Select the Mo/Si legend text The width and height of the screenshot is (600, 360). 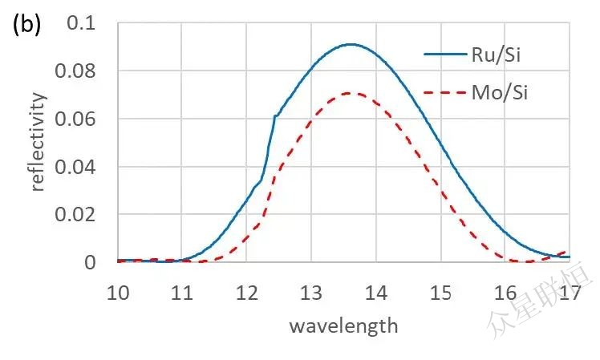pos(499,94)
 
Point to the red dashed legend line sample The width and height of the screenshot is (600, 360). pos(444,95)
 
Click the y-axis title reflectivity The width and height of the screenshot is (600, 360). pos(39,142)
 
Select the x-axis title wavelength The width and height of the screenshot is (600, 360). pos(343,326)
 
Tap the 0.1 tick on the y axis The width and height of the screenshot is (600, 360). pos(86,23)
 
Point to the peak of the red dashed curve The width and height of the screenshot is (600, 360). pos(351,93)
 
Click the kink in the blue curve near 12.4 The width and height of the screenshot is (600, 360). pos(274,116)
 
